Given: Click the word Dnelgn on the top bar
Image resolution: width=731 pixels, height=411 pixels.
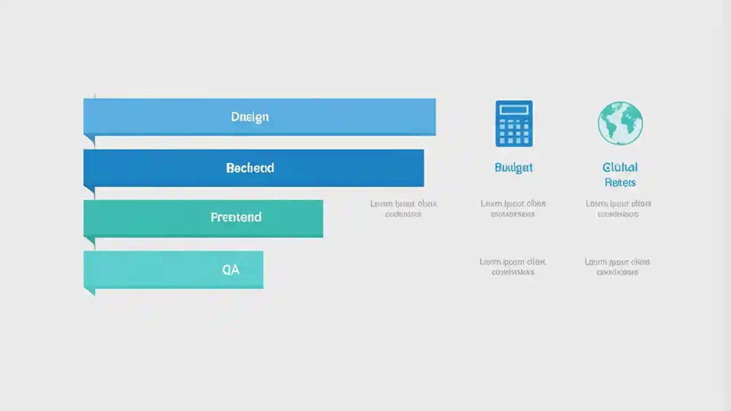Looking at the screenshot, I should (250, 116).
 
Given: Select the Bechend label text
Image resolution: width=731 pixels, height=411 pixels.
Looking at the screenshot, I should (250, 168).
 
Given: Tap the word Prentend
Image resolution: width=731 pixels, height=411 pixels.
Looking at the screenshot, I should (236, 217).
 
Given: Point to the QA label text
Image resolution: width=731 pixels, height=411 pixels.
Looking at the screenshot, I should (231, 269).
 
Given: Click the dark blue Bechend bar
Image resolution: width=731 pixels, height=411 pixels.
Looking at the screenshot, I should (343, 168).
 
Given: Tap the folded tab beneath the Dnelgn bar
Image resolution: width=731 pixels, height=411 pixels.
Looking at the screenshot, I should (90, 140).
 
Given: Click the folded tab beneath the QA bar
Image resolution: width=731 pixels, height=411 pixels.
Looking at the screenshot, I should (90, 292).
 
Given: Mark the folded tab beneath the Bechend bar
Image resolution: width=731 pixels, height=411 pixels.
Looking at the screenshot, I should (90, 190).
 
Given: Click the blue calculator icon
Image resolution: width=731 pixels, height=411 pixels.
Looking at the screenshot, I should (514, 123).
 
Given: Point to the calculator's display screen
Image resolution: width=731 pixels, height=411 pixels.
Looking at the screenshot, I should (514, 110).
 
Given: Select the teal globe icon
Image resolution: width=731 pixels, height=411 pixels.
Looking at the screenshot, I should (620, 123).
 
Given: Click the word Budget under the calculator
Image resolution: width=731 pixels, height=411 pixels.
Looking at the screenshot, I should (513, 167).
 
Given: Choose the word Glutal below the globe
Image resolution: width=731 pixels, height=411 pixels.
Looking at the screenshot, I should (620, 167).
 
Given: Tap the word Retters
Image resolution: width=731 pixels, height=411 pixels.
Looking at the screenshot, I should (620, 183).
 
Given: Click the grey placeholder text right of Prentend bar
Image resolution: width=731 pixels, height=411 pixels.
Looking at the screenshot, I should (403, 209).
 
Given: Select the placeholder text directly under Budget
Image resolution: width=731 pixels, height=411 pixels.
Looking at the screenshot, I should (513, 209).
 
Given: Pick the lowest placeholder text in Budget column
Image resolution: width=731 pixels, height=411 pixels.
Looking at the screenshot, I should (513, 267).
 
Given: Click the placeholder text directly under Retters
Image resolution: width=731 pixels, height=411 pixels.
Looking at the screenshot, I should (618, 209).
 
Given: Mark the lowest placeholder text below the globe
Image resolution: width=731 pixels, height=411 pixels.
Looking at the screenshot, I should (617, 267).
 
